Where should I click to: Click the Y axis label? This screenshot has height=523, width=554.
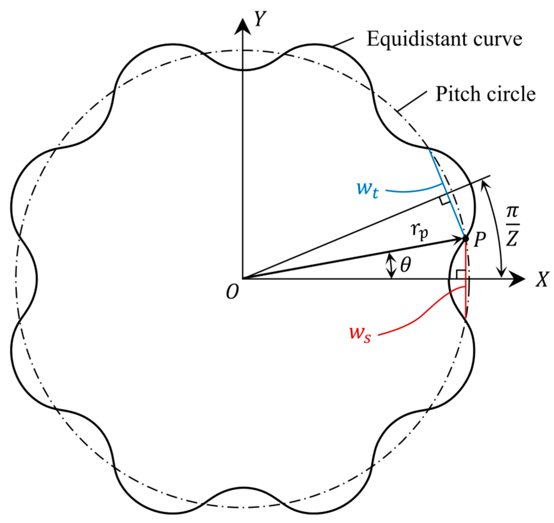point(260,19)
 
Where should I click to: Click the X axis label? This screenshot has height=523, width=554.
point(542,279)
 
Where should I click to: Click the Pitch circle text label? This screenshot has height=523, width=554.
point(485,94)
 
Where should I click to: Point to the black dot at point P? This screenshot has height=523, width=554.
point(466,239)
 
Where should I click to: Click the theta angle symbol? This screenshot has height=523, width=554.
point(405,265)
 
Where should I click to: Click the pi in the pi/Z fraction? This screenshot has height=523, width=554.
point(512,212)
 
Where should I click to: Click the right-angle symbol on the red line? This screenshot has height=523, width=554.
point(461,274)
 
